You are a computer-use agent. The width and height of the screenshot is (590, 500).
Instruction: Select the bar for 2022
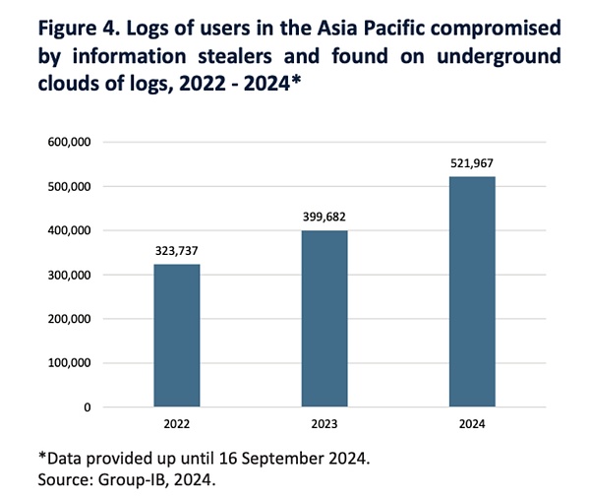point(177,335)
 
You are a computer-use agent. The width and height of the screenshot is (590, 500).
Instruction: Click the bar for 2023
point(324,318)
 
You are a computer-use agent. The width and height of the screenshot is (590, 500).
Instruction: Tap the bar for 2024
point(472,291)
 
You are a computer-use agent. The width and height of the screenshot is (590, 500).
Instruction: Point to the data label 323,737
point(177,250)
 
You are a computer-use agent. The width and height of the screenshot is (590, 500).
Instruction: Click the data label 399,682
point(324,217)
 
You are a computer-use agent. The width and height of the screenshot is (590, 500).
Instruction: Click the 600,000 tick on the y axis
point(70,143)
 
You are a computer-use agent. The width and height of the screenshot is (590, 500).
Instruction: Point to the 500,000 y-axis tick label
point(70,186)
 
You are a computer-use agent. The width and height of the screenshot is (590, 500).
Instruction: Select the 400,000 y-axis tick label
point(70,230)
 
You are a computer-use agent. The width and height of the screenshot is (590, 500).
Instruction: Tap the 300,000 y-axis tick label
point(70,275)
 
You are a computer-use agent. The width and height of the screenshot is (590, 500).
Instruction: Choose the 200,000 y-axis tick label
point(70,319)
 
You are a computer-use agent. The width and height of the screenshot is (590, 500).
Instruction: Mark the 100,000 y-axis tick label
point(70,363)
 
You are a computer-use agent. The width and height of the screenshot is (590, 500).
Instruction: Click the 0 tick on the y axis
point(87,406)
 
